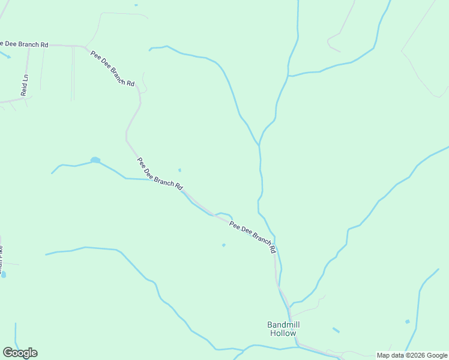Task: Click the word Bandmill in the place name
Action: pyautogui.click(x=283, y=325)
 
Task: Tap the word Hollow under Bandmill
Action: pyautogui.click(x=283, y=333)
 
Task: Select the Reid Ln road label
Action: pyautogui.click(x=25, y=85)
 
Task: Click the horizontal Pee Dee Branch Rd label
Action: pyautogui.click(x=24, y=44)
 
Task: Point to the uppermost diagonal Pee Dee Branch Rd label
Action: pyautogui.click(x=113, y=68)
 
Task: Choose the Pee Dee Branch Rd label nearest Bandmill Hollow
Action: pyautogui.click(x=252, y=236)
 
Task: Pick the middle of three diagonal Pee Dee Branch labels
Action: pyautogui.click(x=160, y=174)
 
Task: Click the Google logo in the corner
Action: pyautogui.click(x=20, y=353)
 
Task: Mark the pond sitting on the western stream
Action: pyautogui.click(x=95, y=160)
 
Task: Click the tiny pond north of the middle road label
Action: pyautogui.click(x=179, y=170)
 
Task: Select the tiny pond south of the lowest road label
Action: pyautogui.click(x=224, y=245)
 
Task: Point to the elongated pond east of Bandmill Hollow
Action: pyautogui.click(x=336, y=330)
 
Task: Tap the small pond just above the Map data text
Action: pyautogui.click(x=408, y=322)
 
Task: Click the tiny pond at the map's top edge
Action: pyautogui.click(x=136, y=5)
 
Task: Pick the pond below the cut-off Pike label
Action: pyautogui.click(x=4, y=275)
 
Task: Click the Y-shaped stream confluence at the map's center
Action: pyautogui.click(x=259, y=145)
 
